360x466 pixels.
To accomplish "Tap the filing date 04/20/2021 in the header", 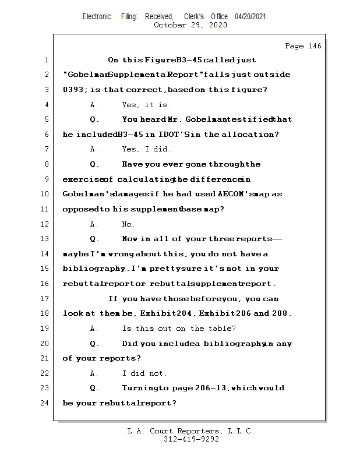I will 250,17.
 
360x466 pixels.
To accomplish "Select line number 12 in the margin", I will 45,224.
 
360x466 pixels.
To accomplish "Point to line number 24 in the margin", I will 45,403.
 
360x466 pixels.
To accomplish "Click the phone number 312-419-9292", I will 192,440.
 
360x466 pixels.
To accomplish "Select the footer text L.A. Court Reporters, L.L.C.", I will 190,432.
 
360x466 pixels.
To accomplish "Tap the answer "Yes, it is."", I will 147,105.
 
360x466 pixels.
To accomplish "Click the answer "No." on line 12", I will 129,224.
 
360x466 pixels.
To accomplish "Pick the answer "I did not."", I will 144,373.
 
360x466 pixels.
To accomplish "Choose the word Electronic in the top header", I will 97,17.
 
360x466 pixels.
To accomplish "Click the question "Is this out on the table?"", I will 179,329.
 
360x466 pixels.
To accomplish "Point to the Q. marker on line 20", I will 94,344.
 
